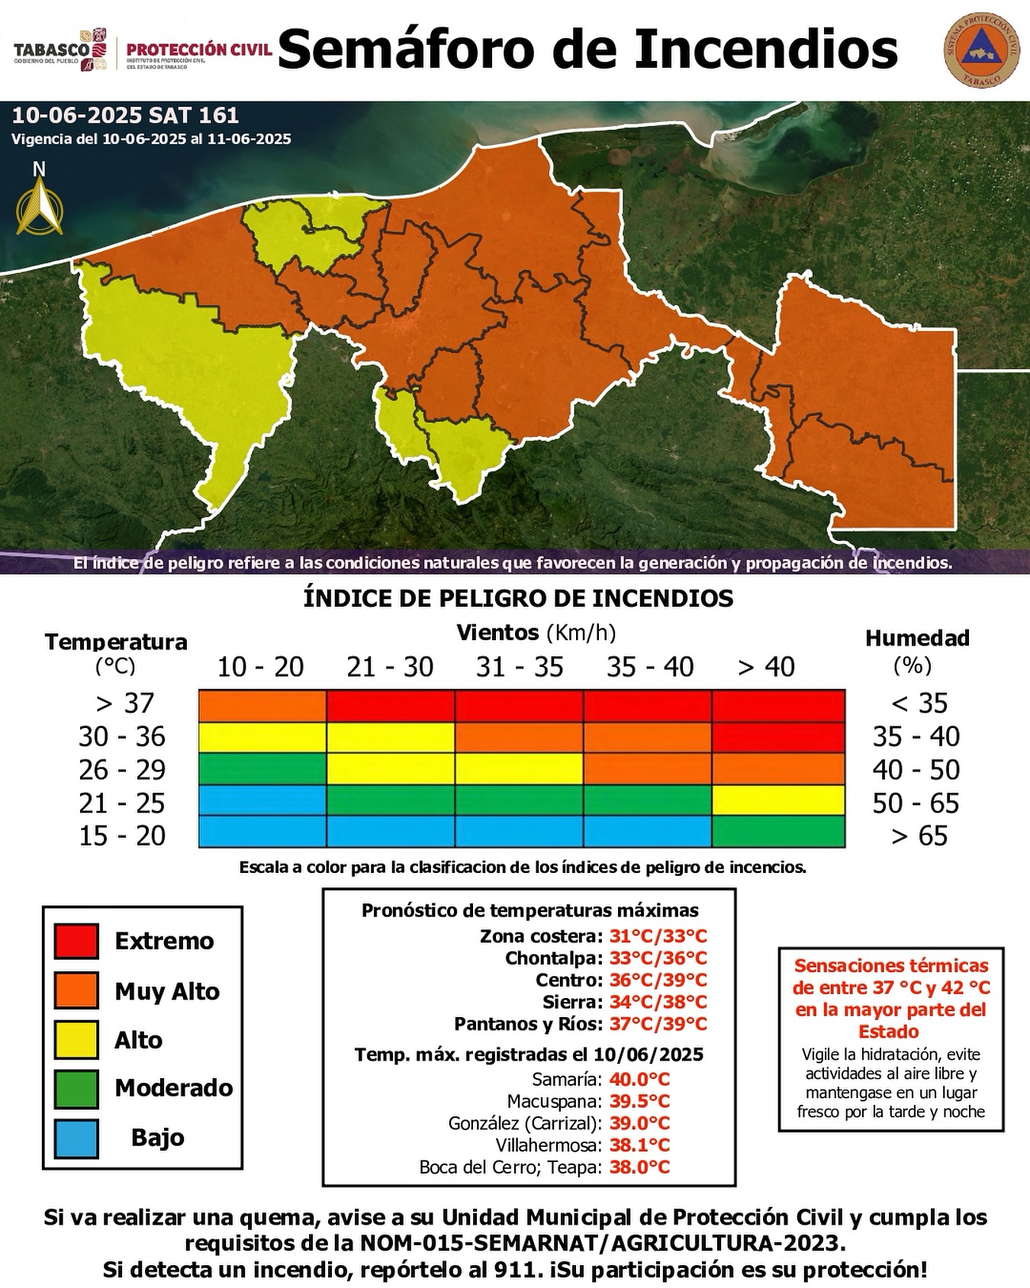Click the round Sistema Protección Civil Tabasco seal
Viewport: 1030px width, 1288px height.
tap(980, 50)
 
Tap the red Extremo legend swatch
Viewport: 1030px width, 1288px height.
tap(76, 940)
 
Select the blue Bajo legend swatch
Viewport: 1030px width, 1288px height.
tap(76, 1138)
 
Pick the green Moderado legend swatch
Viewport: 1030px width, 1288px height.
tap(76, 1088)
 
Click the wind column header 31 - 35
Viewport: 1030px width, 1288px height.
tap(520, 667)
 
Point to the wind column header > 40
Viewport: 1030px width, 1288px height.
tap(767, 667)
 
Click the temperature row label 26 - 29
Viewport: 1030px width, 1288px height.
tap(122, 769)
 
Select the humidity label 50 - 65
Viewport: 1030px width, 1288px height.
tap(916, 803)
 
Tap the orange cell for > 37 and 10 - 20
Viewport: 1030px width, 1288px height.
tap(262, 705)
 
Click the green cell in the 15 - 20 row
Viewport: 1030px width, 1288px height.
tap(778, 832)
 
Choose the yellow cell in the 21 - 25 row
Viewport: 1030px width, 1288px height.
tap(778, 800)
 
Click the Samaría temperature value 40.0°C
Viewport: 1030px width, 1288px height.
tap(639, 1079)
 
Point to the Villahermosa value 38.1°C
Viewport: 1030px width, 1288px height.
tap(639, 1145)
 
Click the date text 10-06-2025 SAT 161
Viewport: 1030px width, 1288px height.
tap(126, 116)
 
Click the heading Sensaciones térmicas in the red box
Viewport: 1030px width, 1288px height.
tap(891, 965)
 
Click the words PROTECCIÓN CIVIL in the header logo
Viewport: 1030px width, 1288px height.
tap(199, 49)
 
